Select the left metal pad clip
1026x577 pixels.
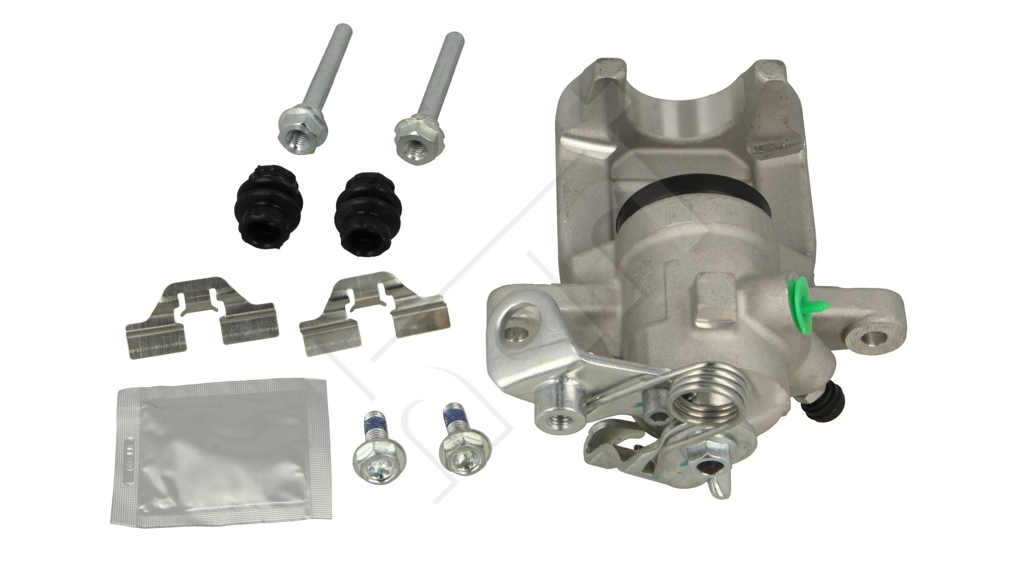[200, 315]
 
